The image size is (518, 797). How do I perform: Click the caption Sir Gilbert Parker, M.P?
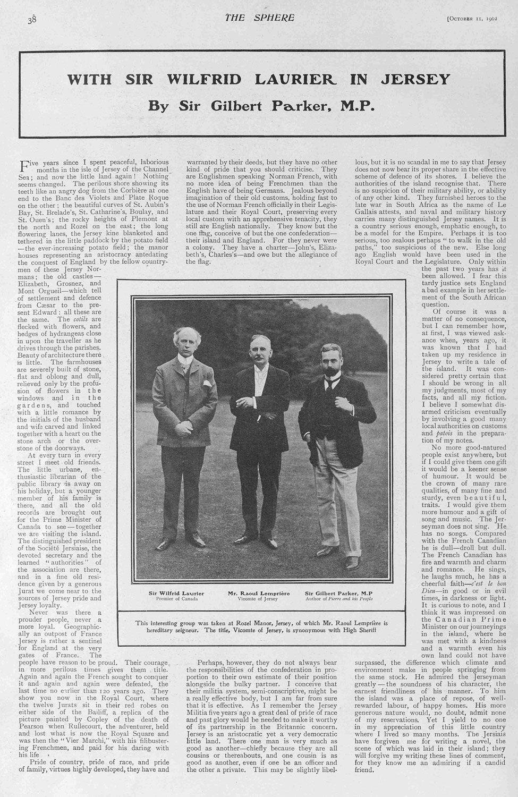tap(338, 592)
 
